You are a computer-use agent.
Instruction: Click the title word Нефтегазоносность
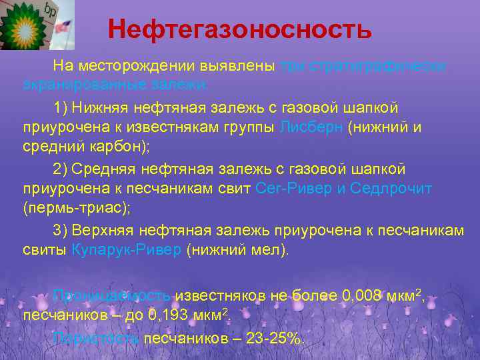point(239,29)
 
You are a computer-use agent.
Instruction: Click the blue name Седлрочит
point(391,189)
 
